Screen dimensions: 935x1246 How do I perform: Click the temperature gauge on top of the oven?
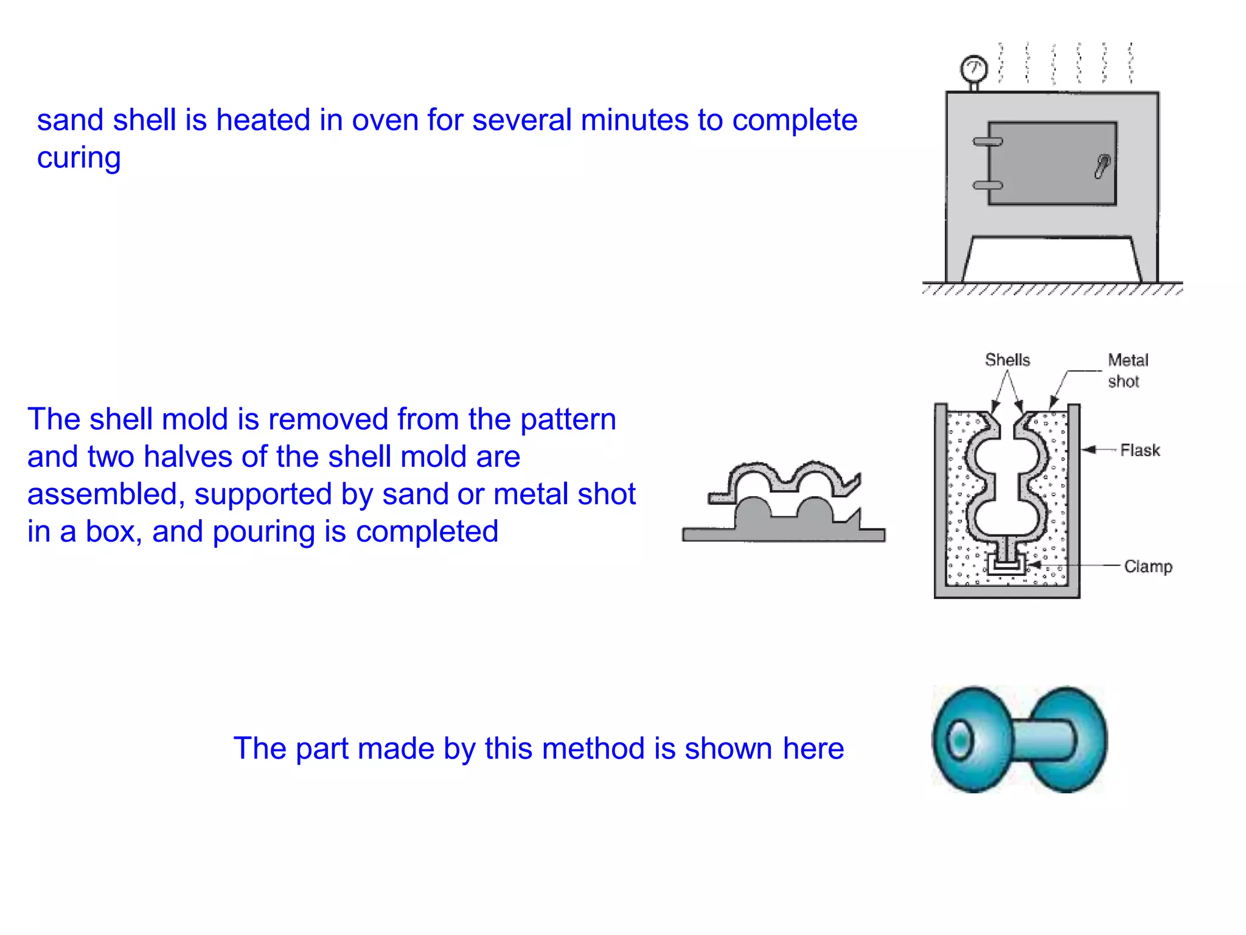click(x=973, y=69)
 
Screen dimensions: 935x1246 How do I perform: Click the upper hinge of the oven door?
click(x=987, y=142)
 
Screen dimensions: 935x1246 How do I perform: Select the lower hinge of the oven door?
click(x=987, y=185)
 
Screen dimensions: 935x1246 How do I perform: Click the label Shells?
click(x=1008, y=360)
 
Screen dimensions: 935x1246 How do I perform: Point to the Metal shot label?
click(x=1127, y=370)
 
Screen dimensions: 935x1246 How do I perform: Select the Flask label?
click(x=1140, y=450)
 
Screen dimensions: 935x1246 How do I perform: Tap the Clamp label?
click(x=1147, y=567)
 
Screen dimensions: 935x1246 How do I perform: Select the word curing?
click(x=79, y=158)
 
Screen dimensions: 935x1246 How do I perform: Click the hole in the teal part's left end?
click(x=959, y=740)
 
